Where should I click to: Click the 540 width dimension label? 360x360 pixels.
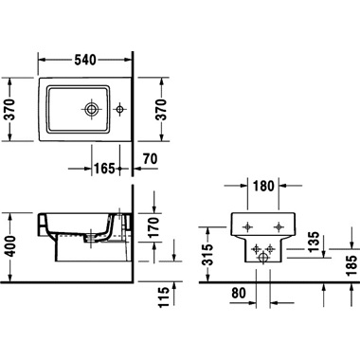(x=85, y=60)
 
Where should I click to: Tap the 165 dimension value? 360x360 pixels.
(x=104, y=169)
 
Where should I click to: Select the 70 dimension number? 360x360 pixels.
(x=150, y=159)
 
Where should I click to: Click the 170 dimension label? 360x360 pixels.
(x=153, y=227)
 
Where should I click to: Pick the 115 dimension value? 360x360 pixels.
(x=163, y=297)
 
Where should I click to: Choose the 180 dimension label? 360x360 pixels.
(x=263, y=186)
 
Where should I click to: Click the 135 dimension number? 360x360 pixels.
(x=314, y=243)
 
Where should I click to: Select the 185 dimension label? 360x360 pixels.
(x=351, y=266)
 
